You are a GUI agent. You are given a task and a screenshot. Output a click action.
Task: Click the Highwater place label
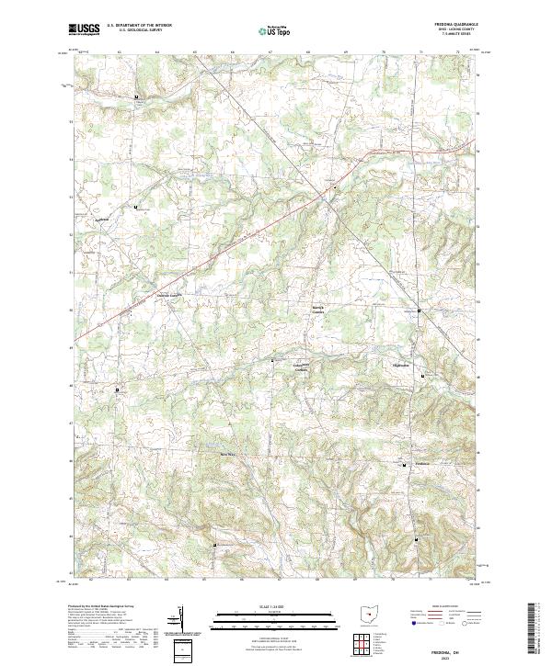[400, 365]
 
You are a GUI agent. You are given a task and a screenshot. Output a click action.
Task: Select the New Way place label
[227, 453]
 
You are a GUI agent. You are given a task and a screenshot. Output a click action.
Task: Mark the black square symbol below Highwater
[422, 377]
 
